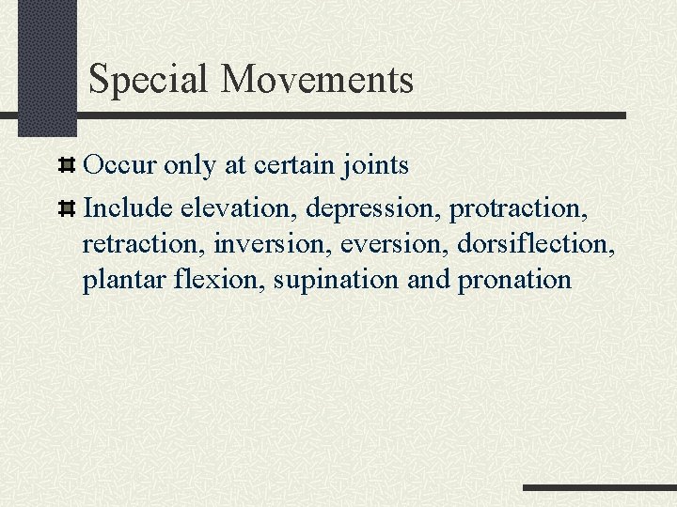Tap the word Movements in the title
click(318, 80)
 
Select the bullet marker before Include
click(67, 207)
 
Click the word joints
click(375, 166)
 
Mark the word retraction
click(144, 243)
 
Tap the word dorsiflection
click(536, 243)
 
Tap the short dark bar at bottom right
click(599, 488)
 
